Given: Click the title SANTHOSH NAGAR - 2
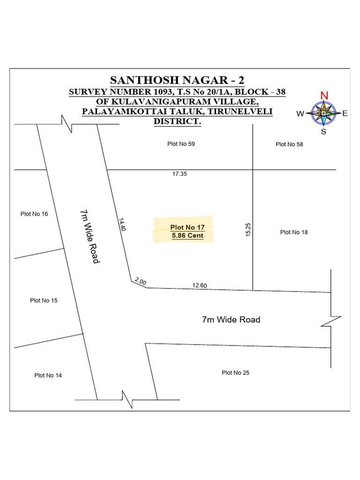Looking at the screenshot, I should pos(177,79).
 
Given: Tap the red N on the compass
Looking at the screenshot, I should pos(324,96).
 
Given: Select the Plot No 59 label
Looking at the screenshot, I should pos(181,144).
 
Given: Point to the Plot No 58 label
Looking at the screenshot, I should pos(289,144).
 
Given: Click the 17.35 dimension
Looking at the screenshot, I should pos(180,174).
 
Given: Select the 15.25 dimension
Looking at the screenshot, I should pos(248,229).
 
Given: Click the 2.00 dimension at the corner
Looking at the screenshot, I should pos(140,282).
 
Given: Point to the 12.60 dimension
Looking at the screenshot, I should pos(200,285).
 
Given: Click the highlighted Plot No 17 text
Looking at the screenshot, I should pos(187,228).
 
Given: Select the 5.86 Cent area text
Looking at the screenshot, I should pos(187,236).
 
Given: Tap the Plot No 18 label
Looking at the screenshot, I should pos(294,232).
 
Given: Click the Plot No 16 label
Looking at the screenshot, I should pos(34,214).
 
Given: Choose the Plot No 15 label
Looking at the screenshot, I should pos(44,300).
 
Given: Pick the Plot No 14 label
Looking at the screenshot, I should pos(48,375).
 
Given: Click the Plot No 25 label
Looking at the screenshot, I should pos(236,373).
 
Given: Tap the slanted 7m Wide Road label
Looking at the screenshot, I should pos(89,237).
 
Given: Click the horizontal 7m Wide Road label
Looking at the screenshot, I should pos(231,320).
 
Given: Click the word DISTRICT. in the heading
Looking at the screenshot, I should pos(177,122).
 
